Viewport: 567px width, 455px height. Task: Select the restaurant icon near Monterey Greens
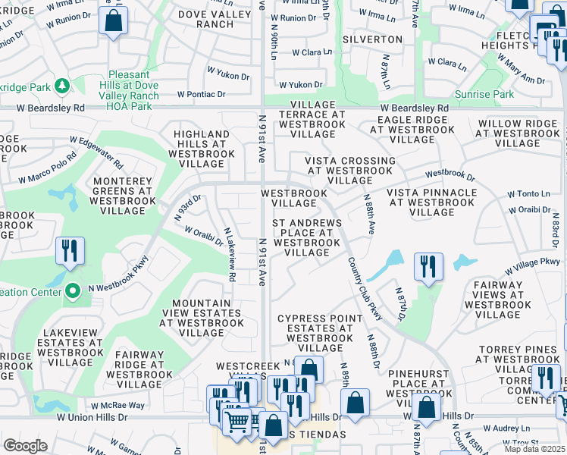(x=70, y=251)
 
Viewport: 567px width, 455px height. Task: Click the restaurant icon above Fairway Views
(x=428, y=267)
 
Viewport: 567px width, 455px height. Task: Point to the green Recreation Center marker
(x=73, y=291)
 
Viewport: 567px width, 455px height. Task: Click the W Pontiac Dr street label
(x=202, y=95)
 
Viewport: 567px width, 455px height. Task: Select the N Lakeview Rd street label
(x=229, y=256)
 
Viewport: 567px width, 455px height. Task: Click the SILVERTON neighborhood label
(x=372, y=39)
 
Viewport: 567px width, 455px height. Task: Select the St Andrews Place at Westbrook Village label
(x=308, y=237)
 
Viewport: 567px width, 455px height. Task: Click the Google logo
(x=25, y=445)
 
